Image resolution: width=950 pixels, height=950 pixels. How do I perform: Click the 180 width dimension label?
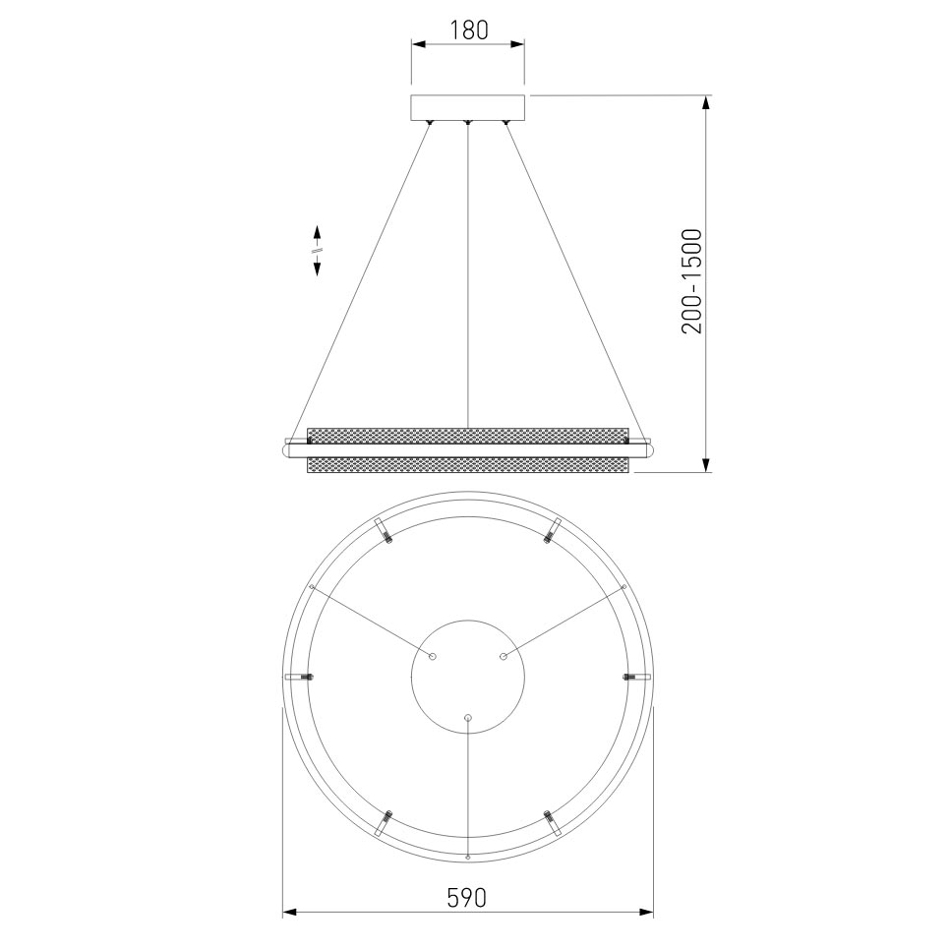pos(469,30)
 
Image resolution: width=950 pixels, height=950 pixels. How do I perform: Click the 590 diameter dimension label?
pos(467,897)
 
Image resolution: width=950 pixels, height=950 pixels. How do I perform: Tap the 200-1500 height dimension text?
pos(692,281)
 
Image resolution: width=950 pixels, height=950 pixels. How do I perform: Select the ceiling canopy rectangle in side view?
pos(468,106)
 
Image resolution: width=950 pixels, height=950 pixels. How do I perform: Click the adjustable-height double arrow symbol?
pos(318,251)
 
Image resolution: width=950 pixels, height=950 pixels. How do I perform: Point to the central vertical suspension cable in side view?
pos(468,275)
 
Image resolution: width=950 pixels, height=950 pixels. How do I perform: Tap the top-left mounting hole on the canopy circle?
pos(433,656)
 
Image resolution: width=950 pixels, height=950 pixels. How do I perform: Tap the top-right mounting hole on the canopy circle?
pos(504,656)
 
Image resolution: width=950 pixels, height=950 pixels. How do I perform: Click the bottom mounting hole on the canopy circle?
pos(468,718)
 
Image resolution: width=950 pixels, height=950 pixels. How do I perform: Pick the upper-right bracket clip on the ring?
pos(553,530)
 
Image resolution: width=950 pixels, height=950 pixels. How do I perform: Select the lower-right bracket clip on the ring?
pos(553,823)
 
